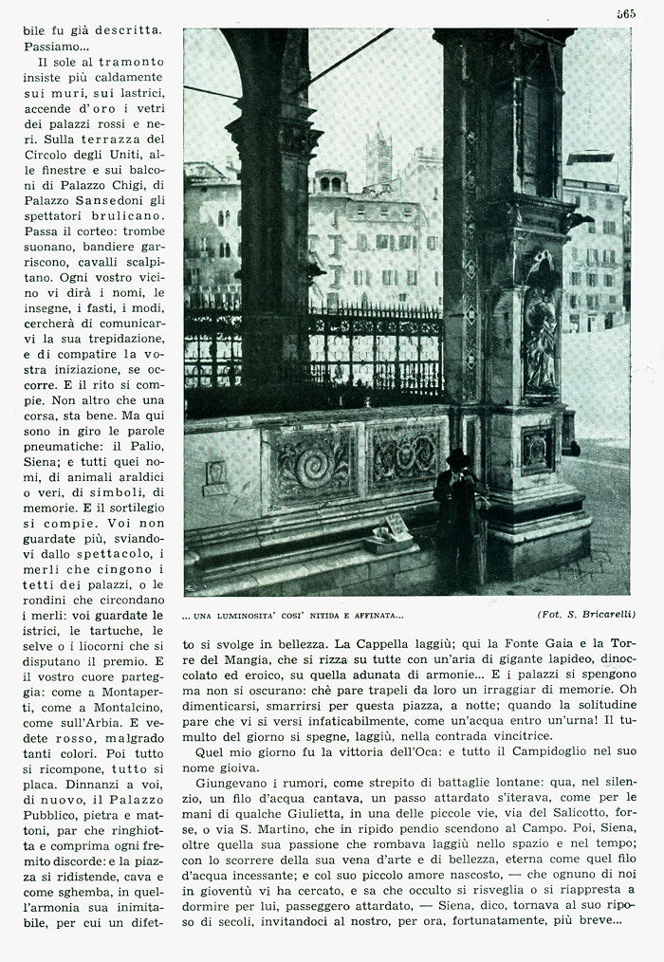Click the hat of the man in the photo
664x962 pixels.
coord(459,456)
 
